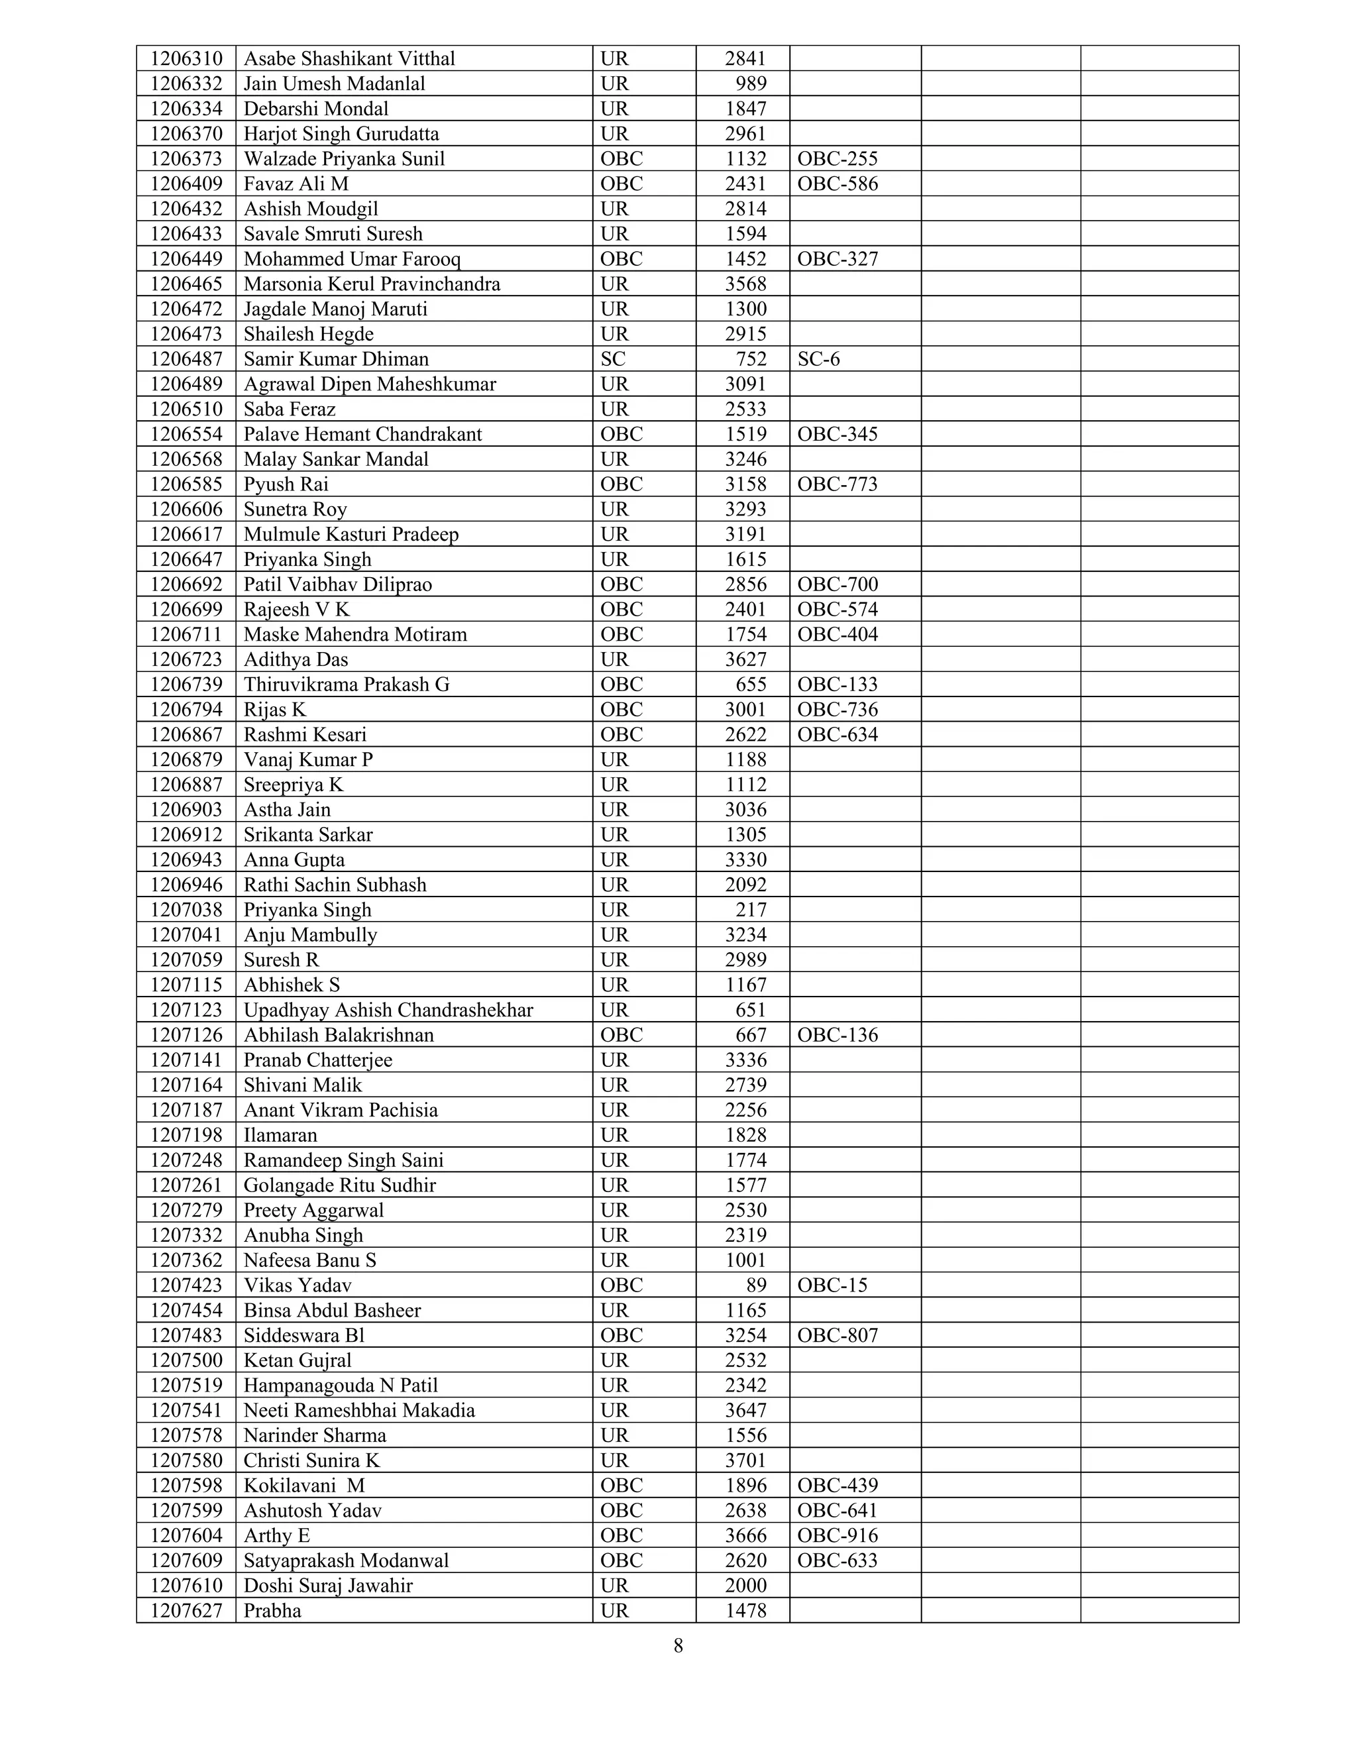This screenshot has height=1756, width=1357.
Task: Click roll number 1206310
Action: click(186, 59)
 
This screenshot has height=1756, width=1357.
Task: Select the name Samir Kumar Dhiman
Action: click(336, 359)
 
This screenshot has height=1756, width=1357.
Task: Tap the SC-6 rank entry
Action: click(818, 359)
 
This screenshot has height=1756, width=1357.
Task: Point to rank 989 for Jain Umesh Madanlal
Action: click(751, 83)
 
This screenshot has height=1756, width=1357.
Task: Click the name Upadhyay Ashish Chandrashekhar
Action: click(388, 1011)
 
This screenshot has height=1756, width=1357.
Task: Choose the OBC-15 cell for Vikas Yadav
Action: click(832, 1286)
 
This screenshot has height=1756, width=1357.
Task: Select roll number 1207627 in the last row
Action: click(186, 1612)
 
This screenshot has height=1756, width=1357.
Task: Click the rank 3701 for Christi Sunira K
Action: click(745, 1461)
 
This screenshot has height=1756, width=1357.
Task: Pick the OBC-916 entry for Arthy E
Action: click(838, 1536)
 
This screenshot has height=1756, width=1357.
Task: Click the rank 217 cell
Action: click(751, 910)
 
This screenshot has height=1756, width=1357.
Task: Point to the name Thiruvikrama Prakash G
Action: click(347, 685)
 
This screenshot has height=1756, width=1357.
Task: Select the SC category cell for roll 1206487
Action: click(613, 359)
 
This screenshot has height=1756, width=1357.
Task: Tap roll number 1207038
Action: click(186, 910)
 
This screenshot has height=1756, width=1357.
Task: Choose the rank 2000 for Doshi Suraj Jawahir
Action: click(745, 1586)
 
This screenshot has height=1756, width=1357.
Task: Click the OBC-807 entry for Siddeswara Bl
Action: click(838, 1335)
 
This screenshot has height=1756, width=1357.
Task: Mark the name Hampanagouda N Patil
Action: click(341, 1386)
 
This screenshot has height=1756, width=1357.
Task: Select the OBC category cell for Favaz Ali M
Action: click(622, 184)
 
